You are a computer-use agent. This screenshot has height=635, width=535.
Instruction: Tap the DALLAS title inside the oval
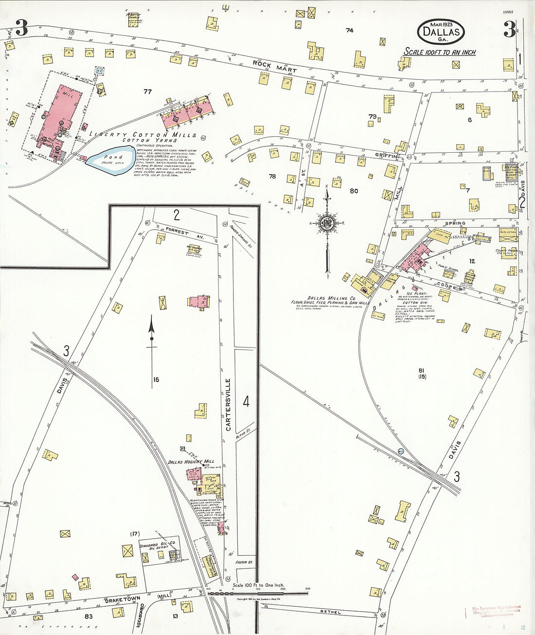(x=441, y=32)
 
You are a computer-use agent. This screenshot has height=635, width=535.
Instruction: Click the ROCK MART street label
(x=274, y=66)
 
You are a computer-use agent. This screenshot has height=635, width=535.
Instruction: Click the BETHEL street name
(x=330, y=612)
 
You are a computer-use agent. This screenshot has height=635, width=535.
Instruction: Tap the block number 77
(x=147, y=91)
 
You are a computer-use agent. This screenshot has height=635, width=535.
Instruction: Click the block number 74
(x=349, y=30)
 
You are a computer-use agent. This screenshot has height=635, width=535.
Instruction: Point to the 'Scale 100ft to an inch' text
(x=440, y=52)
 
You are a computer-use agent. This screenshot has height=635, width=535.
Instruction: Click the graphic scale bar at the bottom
(x=258, y=593)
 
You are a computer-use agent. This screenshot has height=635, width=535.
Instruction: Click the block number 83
(x=89, y=617)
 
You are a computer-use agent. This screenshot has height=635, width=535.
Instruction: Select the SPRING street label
(x=455, y=223)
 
